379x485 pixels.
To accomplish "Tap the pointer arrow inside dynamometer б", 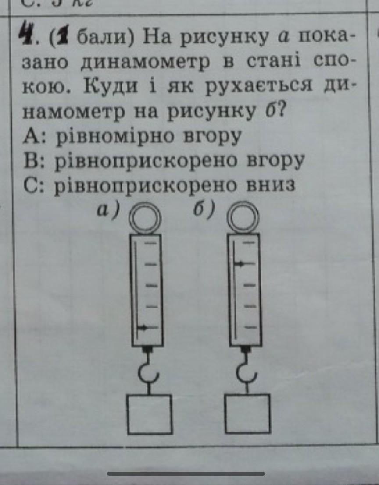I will click(x=240, y=263).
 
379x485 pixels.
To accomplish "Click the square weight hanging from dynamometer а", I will click(x=149, y=414).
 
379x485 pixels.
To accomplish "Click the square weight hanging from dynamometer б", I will click(x=248, y=414).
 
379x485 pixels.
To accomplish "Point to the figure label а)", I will click(x=108, y=211).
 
